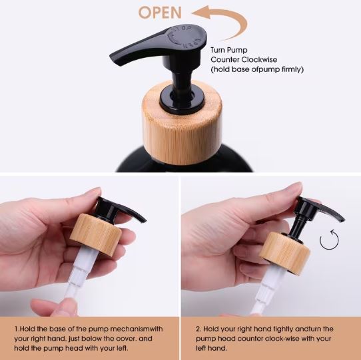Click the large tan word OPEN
coord(160,13)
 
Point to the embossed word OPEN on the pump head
coord(192,43)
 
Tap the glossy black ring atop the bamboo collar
coord(182,100)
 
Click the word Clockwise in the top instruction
coord(260,60)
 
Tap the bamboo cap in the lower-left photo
coord(96,235)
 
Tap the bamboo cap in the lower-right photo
coord(285,253)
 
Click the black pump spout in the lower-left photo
coord(120,210)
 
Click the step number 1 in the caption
coord(16,329)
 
